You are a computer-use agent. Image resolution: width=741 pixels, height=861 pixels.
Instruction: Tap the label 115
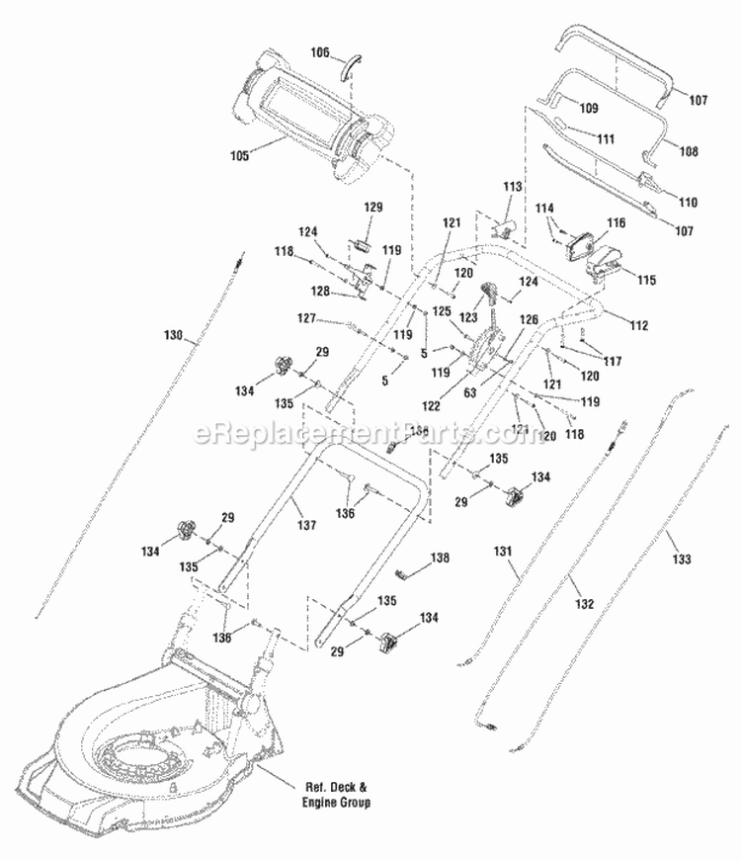point(646,281)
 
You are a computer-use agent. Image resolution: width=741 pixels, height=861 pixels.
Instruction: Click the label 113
point(512,187)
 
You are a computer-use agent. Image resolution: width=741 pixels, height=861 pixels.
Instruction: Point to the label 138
point(439,558)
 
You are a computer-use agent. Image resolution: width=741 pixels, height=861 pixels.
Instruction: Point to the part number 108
point(688,151)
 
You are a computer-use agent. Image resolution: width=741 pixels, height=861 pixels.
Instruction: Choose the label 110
point(688,202)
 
